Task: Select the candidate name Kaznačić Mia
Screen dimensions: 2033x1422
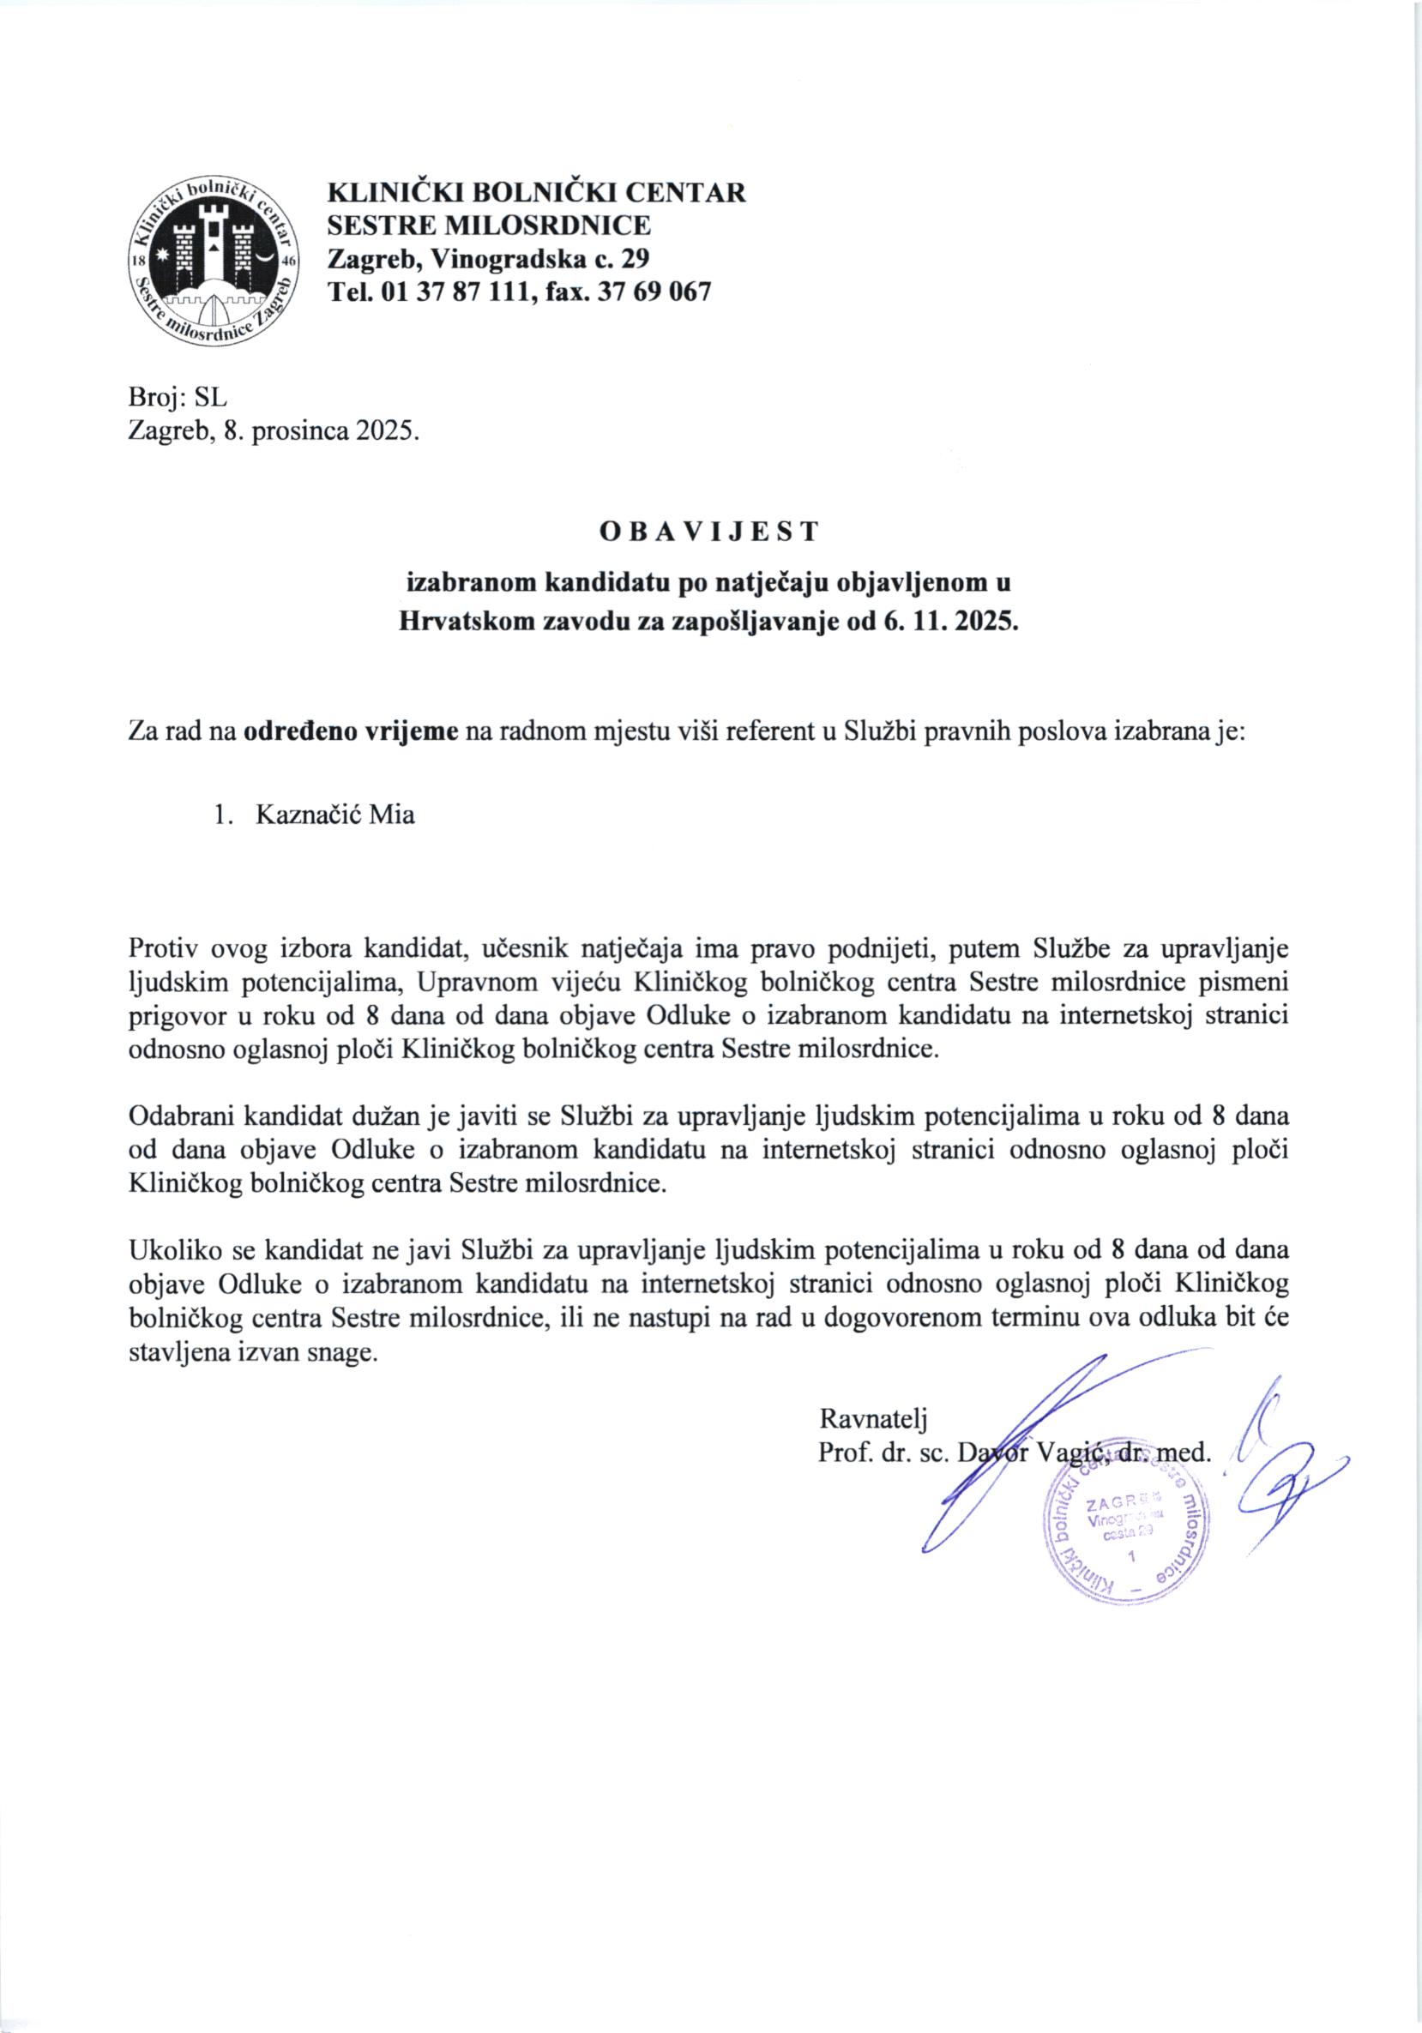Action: pos(334,815)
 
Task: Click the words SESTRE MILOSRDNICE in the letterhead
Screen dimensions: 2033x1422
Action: pos(489,225)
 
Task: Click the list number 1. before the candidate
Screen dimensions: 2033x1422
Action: pos(222,815)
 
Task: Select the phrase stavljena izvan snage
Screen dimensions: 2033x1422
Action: pos(252,1354)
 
